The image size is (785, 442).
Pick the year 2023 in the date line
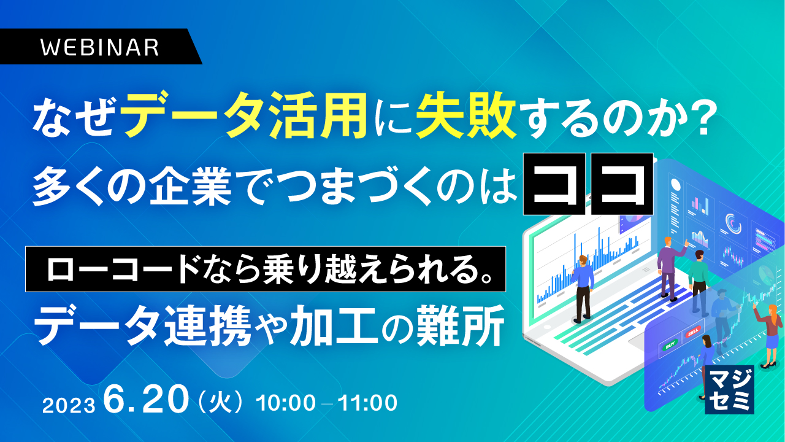[69, 405]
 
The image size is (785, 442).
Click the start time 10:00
[286, 403]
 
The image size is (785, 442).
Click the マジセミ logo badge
[729, 390]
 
